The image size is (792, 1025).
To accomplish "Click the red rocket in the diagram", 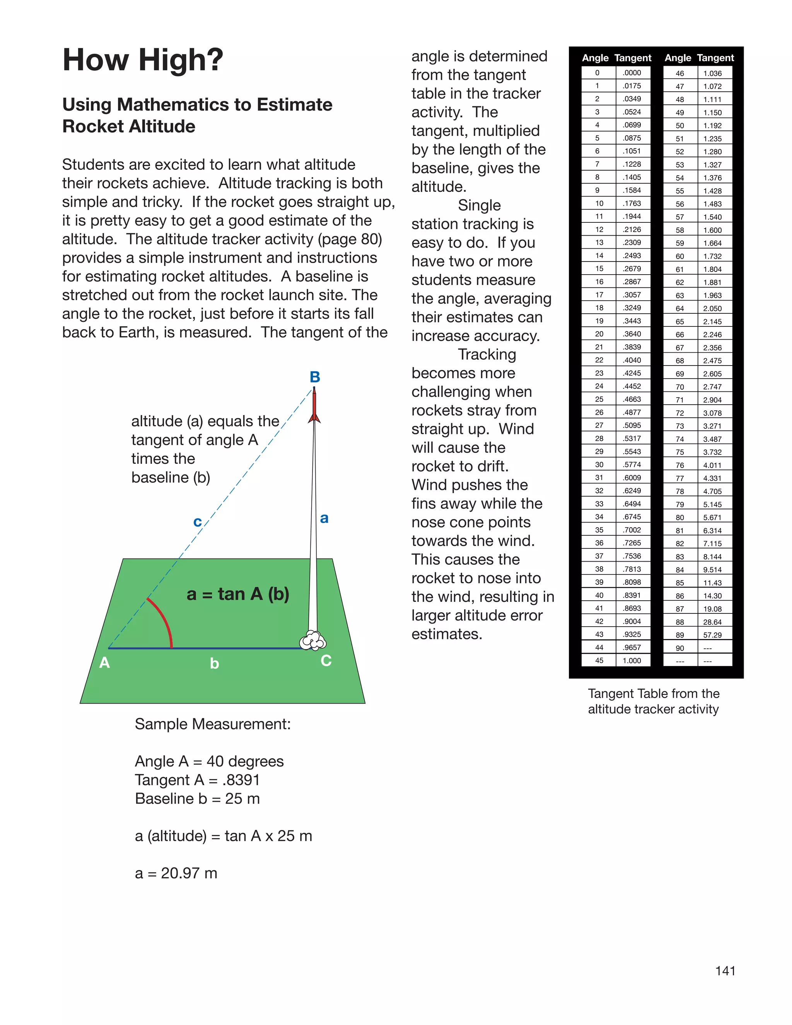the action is pos(314,405).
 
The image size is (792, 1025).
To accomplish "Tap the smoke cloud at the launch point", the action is pos(312,641).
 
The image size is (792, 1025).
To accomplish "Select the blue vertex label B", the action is pos(315,377).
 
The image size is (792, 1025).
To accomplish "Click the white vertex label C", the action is pos(326,661).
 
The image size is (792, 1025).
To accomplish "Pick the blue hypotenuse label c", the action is pos(198,521).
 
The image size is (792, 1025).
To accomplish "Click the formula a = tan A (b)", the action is pos(238,594).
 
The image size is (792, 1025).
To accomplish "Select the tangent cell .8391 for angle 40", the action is pos(632,595).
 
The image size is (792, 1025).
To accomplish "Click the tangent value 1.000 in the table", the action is pos(632,660).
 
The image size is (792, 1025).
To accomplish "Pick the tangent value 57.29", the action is pos(712,635).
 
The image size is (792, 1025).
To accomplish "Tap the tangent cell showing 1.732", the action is pos(712,256).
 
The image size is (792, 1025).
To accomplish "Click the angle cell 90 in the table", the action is pos(680,648).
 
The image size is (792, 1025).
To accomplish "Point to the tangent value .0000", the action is pos(632,73).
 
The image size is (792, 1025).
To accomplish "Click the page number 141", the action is pos(725,970).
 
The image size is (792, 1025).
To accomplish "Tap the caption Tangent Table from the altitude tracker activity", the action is pos(653,701).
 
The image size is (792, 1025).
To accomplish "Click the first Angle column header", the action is pos(595,58).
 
